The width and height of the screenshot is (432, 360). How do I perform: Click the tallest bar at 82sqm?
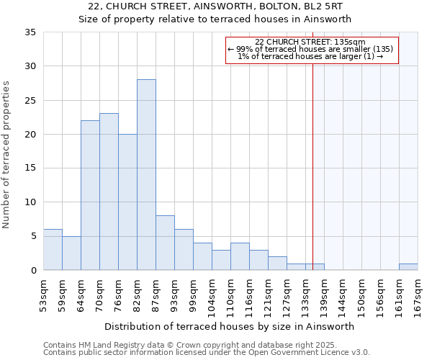pyautogui.click(x=146, y=175)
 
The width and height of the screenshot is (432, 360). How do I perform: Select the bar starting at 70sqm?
pyautogui.click(x=109, y=192)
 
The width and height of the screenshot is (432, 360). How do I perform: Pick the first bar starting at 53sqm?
pyautogui.click(x=53, y=250)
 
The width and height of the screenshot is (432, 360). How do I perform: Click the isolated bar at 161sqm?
pyautogui.click(x=408, y=267)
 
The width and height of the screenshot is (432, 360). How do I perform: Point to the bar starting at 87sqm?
pyautogui.click(x=165, y=243)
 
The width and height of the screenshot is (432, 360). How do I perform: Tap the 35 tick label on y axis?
pyautogui.click(x=30, y=32)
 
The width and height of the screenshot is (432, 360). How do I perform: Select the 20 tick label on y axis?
pyautogui.click(x=30, y=135)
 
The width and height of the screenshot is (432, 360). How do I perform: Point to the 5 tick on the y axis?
pyautogui.click(x=32, y=237)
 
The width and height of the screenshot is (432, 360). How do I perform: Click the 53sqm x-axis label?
pyautogui.click(x=44, y=292)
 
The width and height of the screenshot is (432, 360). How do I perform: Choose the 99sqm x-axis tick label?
pyautogui.click(x=194, y=292)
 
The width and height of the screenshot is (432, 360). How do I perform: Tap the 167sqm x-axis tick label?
pyautogui.click(x=418, y=294)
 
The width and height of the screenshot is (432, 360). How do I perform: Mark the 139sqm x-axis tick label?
pyautogui.click(x=325, y=294)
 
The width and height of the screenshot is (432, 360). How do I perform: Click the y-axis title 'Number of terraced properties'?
pyautogui.click(x=7, y=154)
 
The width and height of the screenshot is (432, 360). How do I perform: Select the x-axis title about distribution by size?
pyautogui.click(x=229, y=326)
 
